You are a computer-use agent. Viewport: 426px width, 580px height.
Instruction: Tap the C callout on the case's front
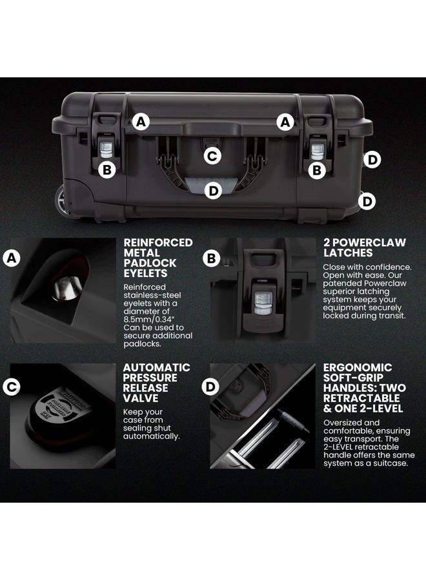point(212,156)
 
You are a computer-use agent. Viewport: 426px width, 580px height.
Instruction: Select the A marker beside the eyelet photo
point(12,258)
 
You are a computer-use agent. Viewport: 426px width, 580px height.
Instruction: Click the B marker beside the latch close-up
point(212,258)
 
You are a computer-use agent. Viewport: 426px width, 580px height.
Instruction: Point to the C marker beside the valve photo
point(12,387)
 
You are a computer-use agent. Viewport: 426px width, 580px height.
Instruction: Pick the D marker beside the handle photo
point(210,387)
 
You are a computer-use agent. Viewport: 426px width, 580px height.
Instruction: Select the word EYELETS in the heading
point(146,273)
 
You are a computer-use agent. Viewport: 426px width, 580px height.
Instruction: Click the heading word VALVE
point(141,398)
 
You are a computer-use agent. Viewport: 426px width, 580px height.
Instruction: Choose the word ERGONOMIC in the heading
point(358,368)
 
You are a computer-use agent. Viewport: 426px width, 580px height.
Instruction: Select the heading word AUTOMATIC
point(156,368)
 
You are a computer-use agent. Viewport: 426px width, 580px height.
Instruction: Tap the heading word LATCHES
point(348,253)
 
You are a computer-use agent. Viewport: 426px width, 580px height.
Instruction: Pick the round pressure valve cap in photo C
point(59,408)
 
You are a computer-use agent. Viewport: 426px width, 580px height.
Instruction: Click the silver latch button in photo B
point(263,302)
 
